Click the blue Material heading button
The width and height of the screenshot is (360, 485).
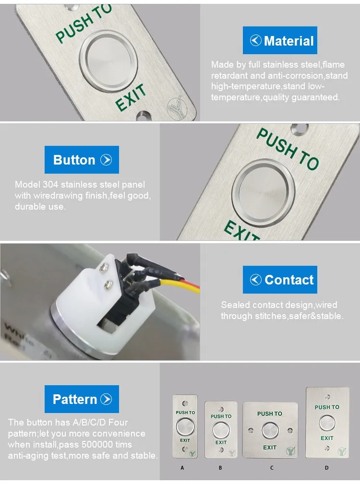pyautogui.click(x=280, y=40)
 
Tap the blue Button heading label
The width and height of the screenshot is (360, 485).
pyautogui.click(x=82, y=160)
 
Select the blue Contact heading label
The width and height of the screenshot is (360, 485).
pyautogui.click(x=280, y=280)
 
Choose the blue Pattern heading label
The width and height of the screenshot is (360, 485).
pyautogui.click(x=82, y=399)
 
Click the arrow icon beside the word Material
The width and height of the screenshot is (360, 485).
pyautogui.click(x=256, y=40)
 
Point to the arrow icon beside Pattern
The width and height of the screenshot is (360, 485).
pyautogui.click(x=106, y=399)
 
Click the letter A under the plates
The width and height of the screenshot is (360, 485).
pyautogui.click(x=182, y=468)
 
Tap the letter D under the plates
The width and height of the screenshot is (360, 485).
pyautogui.click(x=326, y=468)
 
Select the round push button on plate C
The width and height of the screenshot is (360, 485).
pyautogui.click(x=270, y=430)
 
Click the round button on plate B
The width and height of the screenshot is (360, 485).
pyautogui.click(x=221, y=430)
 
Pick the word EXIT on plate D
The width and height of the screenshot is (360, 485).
pyautogui.click(x=327, y=438)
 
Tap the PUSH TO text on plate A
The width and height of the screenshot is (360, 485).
pyautogui.click(x=185, y=412)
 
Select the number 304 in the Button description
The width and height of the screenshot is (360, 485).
pyautogui.click(x=50, y=184)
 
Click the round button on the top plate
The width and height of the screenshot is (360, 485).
pyautogui.click(x=108, y=60)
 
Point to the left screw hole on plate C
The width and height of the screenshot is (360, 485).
pyautogui.click(x=251, y=430)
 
